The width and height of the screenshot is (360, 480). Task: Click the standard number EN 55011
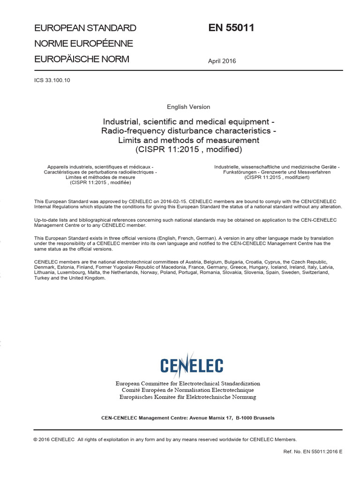[231, 28]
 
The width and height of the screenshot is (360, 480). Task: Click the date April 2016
[222, 61]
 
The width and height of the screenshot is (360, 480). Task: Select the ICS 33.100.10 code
[52, 80]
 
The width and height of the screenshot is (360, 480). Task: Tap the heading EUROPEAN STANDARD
[85, 28]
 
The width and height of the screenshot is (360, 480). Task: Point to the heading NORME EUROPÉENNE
[84, 44]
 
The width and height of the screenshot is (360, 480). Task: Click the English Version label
[188, 107]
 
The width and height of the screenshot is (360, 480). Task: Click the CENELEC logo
[191, 365]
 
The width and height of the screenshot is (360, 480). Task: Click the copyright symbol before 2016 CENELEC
[36, 440]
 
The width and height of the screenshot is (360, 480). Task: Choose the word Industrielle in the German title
[228, 167]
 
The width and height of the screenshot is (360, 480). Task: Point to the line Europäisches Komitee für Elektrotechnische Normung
[188, 397]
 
